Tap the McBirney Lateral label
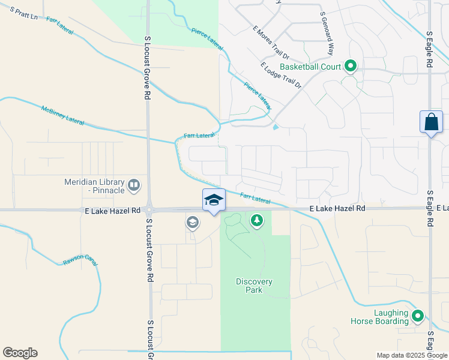[63, 115]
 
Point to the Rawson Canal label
[80, 262]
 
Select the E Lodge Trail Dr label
[280, 75]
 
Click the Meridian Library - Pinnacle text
[95, 186]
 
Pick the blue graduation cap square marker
[214, 200]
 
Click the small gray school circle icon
[193, 223]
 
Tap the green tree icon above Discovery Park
[257, 221]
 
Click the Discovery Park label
[254, 286]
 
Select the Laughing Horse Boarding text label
[383, 317]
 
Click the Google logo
[20, 353]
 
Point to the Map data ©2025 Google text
[411, 355]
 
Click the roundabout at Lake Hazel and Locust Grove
[149, 210]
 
